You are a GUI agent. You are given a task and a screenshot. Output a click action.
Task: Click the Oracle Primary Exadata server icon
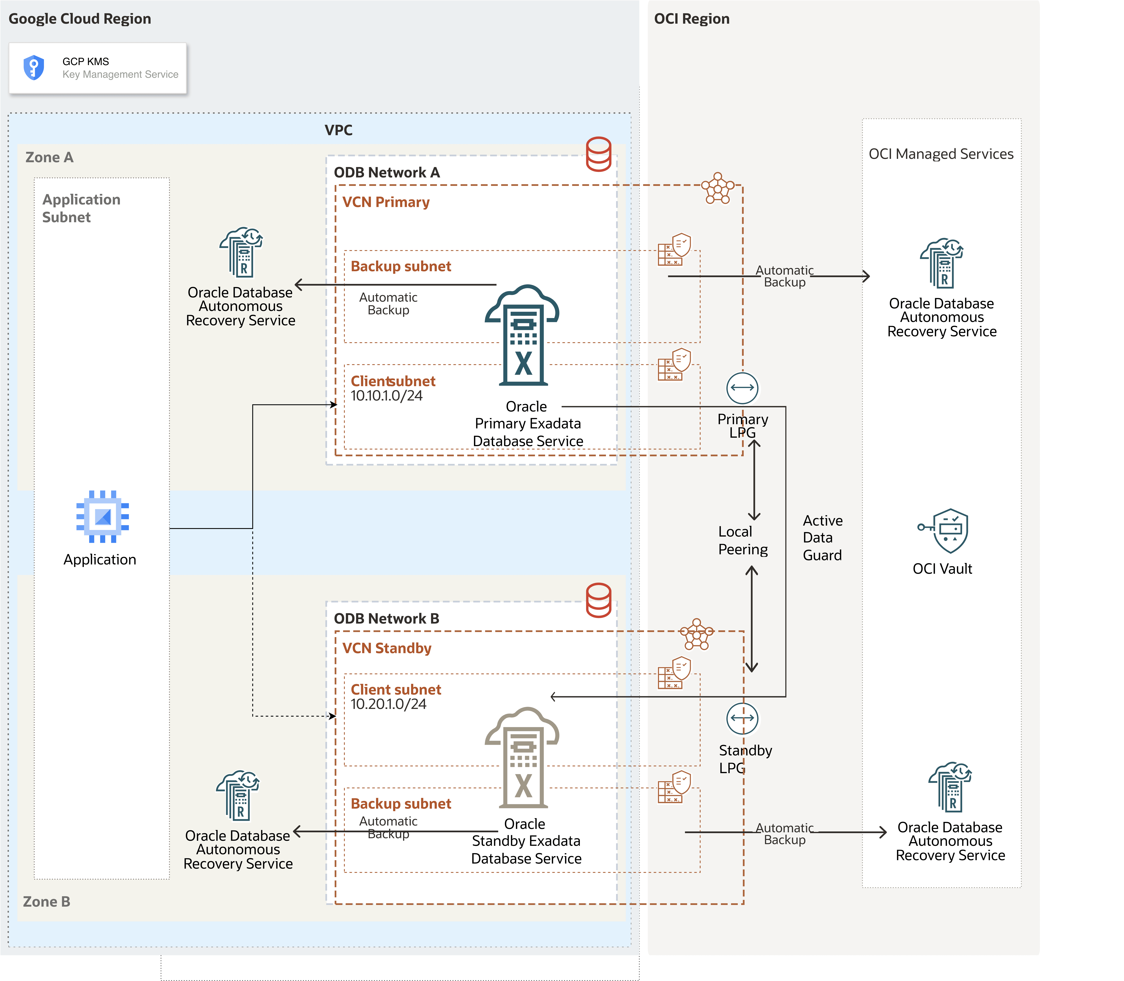[x=523, y=335]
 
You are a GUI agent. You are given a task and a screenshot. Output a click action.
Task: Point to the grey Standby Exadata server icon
[x=523, y=758]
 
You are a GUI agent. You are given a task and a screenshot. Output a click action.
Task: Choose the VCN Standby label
[x=387, y=648]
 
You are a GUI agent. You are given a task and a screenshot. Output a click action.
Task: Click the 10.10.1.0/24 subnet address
[x=387, y=396]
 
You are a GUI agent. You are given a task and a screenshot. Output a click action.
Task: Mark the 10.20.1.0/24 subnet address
[x=388, y=704]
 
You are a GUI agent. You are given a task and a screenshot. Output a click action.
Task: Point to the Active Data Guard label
[x=822, y=538]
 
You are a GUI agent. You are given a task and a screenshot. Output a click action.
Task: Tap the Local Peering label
[x=742, y=540]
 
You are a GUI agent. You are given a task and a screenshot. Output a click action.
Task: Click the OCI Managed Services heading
[x=941, y=154]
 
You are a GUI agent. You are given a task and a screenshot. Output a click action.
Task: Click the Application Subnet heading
[x=81, y=208]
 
